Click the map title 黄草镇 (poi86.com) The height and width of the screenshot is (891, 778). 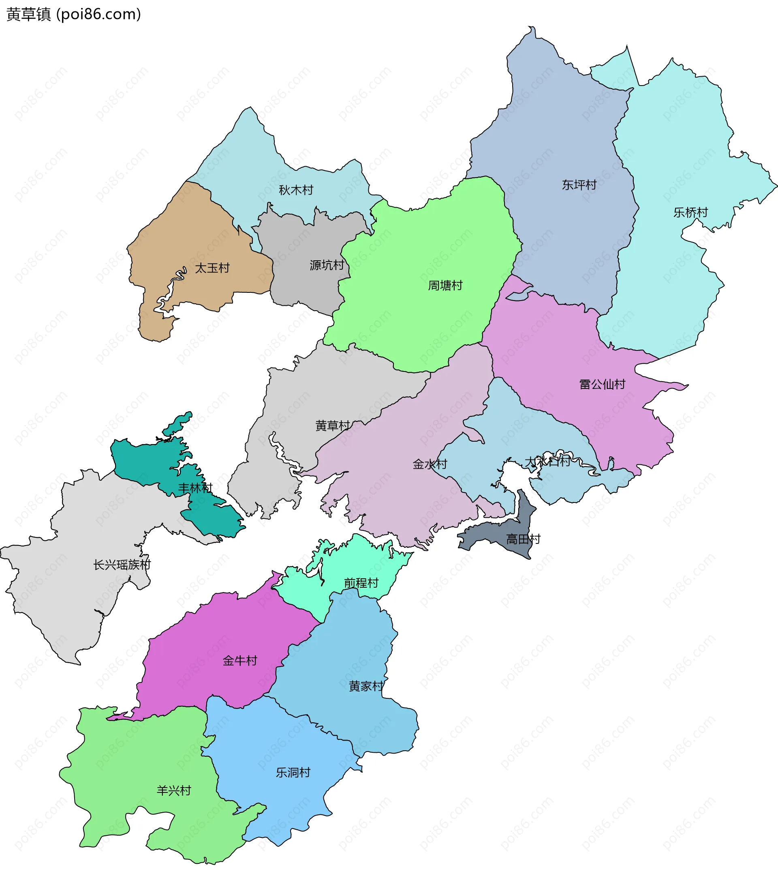click(74, 14)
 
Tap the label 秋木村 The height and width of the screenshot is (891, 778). click(296, 190)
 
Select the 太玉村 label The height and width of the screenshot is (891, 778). click(212, 268)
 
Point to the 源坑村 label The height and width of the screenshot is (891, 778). click(327, 264)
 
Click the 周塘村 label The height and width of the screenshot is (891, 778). click(445, 285)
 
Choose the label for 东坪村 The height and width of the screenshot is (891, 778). click(579, 185)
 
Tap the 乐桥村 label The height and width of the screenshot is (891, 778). click(690, 212)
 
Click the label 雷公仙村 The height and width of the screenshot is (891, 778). click(602, 384)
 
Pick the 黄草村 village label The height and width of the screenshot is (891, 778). click(333, 425)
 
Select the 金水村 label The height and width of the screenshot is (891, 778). click(430, 464)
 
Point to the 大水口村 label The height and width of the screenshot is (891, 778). click(547, 461)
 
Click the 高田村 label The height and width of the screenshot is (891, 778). click(523, 539)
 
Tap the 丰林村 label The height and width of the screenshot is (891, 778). click(195, 488)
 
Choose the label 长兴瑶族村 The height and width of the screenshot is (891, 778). click(122, 565)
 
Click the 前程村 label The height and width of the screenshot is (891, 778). click(361, 582)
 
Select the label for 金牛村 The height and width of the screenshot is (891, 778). click(239, 661)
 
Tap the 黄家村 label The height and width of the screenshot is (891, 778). click(366, 686)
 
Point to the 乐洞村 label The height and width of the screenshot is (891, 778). click(293, 773)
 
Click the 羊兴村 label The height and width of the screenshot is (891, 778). click(174, 790)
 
